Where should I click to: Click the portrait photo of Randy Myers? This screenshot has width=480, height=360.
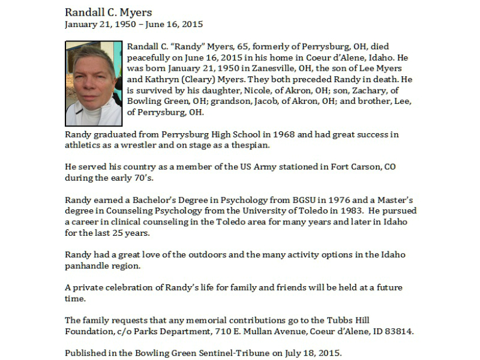click(93, 83)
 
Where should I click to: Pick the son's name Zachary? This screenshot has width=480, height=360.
click(354, 90)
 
